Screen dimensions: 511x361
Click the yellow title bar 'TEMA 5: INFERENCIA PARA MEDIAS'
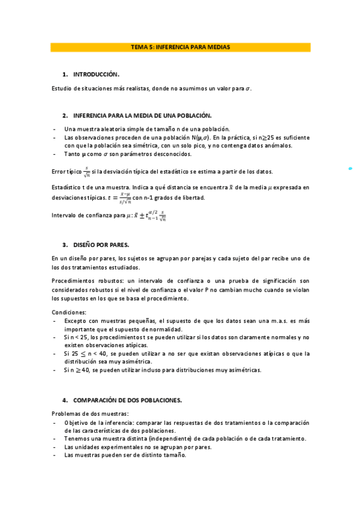tap(180, 46)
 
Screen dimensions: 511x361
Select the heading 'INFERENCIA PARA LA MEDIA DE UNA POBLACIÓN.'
tap(142, 115)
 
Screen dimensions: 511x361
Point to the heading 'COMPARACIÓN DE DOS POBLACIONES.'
tap(127, 400)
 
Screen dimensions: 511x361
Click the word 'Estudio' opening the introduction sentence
tap(61, 89)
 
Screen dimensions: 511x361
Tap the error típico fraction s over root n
tap(87, 172)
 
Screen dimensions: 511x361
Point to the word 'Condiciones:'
tap(69, 312)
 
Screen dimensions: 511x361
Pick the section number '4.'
tap(65, 400)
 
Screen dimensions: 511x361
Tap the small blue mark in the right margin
tap(351, 169)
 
